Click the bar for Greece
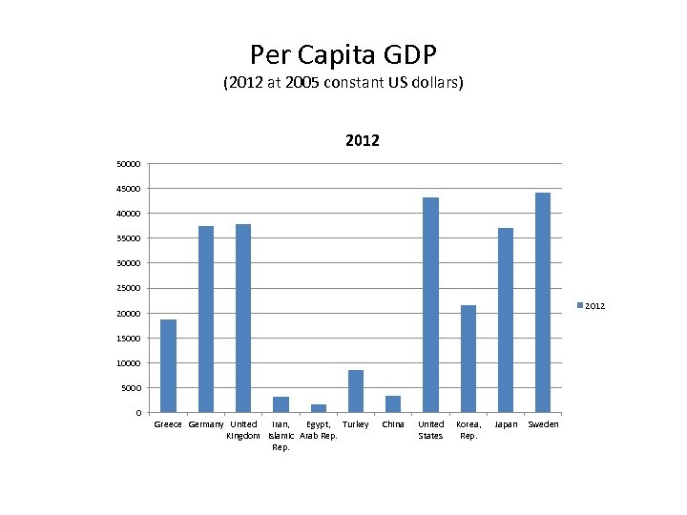click(x=168, y=366)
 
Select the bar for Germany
click(x=206, y=319)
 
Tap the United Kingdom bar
click(x=243, y=319)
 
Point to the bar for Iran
click(x=281, y=404)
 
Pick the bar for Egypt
click(x=319, y=408)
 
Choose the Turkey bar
click(x=356, y=391)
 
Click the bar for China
click(x=393, y=403)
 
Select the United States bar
click(x=430, y=305)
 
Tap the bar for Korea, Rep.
click(x=468, y=359)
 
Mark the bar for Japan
click(x=506, y=320)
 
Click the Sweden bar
click(x=543, y=302)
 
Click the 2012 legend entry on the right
click(x=590, y=306)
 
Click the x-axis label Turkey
click(x=356, y=424)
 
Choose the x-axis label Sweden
click(x=543, y=424)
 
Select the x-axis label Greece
click(x=168, y=424)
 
